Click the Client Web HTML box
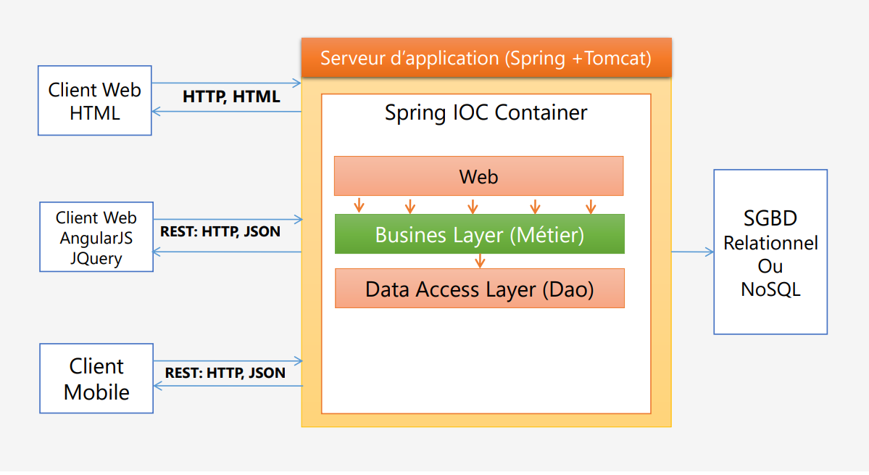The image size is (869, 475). coord(94,101)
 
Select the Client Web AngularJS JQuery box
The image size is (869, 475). coord(96,237)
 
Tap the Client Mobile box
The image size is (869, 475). coord(96,379)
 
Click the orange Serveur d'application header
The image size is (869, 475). coord(486,58)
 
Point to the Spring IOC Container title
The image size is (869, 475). coord(486,113)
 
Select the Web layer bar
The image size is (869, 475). coord(478,176)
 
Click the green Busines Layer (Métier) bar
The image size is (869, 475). coord(479,234)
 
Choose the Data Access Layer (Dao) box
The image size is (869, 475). coord(479,289)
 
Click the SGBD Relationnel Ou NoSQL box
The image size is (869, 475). coord(770,252)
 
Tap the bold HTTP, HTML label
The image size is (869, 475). coord(231,97)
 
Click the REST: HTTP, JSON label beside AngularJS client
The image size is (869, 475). coord(220,233)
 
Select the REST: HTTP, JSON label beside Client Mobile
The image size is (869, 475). coord(225,373)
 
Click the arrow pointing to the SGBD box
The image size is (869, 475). coord(692,252)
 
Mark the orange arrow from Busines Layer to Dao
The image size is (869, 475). coord(479,261)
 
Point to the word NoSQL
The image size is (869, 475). coord(770,289)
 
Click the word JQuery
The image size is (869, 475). coord(96,258)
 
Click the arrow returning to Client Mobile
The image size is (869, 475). coord(227,386)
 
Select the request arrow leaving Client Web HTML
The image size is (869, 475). coord(226,83)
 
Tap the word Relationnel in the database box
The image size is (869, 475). coord(770,243)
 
